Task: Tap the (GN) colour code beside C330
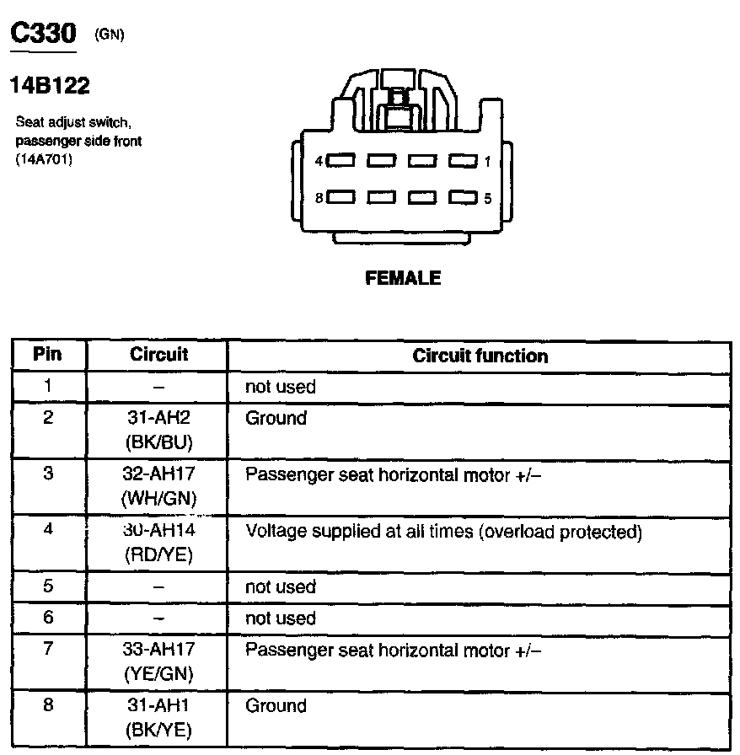(110, 35)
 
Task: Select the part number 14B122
(49, 85)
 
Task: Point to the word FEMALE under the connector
(403, 278)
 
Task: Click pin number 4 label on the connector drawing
(318, 160)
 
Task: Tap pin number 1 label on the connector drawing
(487, 160)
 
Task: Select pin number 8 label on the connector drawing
(318, 198)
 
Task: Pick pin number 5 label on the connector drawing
(487, 199)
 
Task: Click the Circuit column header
(159, 355)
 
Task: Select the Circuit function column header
(480, 356)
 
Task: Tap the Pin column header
(47, 354)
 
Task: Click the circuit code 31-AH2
(159, 418)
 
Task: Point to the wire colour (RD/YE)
(159, 555)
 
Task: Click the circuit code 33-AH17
(159, 650)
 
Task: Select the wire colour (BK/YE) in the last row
(159, 731)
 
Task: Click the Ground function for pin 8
(276, 705)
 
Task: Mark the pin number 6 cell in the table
(48, 618)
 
